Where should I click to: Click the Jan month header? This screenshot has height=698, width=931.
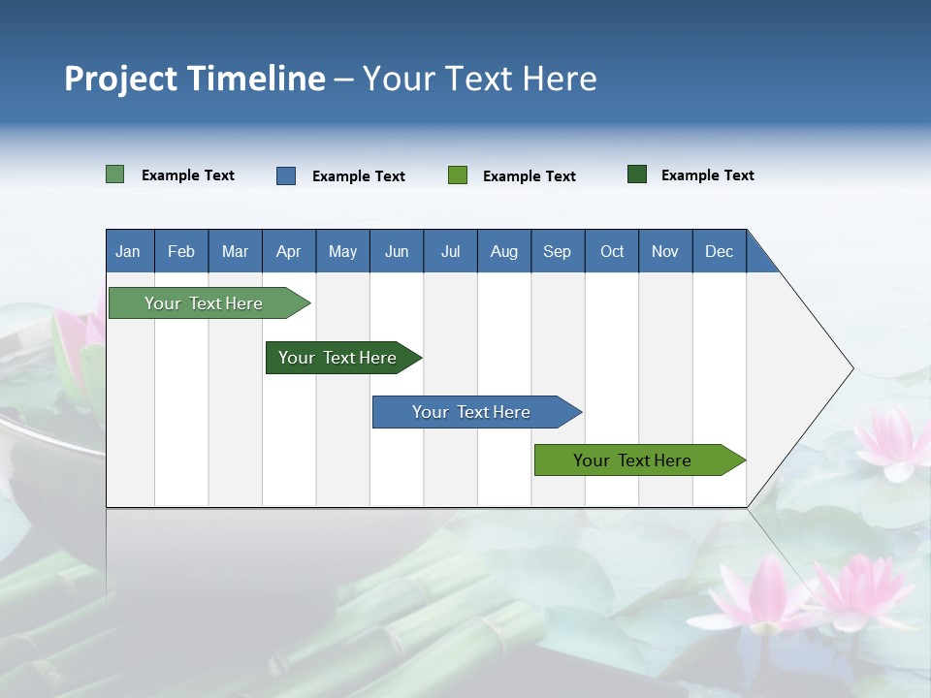(x=128, y=251)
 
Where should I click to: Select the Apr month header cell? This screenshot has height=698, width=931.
(x=288, y=251)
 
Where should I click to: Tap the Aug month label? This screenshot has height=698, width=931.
(x=503, y=251)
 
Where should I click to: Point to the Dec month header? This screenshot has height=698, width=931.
(x=719, y=251)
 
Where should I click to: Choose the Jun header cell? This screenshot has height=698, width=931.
(x=396, y=251)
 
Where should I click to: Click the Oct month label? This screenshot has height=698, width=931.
(x=611, y=251)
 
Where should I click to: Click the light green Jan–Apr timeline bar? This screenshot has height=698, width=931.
(x=204, y=303)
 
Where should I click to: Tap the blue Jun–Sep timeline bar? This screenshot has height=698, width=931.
(x=471, y=412)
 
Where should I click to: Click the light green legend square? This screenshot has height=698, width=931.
(x=114, y=174)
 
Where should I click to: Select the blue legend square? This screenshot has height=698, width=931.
(x=285, y=175)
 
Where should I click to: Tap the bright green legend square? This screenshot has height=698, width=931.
(x=457, y=175)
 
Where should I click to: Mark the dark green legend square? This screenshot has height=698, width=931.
(x=636, y=174)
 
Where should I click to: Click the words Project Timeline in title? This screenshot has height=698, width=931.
(x=194, y=79)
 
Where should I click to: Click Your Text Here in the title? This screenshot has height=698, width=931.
(x=479, y=79)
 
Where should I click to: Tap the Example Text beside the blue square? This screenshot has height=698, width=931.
(x=358, y=176)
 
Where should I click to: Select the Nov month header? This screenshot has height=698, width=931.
(x=664, y=251)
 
